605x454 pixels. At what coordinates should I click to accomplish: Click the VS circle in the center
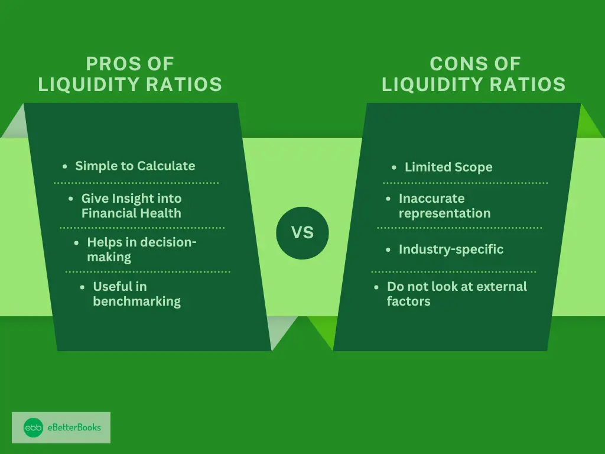coord(302,233)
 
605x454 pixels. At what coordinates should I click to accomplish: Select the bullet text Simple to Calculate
coord(135,166)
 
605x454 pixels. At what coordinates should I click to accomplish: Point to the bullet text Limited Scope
coord(448,167)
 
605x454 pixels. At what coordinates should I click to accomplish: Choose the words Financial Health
coord(131,213)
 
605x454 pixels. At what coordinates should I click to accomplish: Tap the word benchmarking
coord(136,301)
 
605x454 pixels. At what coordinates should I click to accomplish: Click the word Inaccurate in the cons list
coord(432,199)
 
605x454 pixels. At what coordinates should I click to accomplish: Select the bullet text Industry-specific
coord(451,249)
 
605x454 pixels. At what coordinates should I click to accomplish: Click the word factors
coord(409,301)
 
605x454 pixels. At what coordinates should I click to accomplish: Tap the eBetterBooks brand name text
coord(74,427)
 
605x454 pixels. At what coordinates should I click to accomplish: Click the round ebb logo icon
coord(34,427)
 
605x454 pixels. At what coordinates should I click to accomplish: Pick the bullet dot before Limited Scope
coord(394,167)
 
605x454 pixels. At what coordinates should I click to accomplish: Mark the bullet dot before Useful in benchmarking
coord(82,287)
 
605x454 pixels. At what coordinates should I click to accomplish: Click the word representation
coord(444,213)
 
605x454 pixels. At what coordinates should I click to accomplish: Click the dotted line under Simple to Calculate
coord(136,183)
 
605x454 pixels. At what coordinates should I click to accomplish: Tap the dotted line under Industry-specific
coord(454,272)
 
